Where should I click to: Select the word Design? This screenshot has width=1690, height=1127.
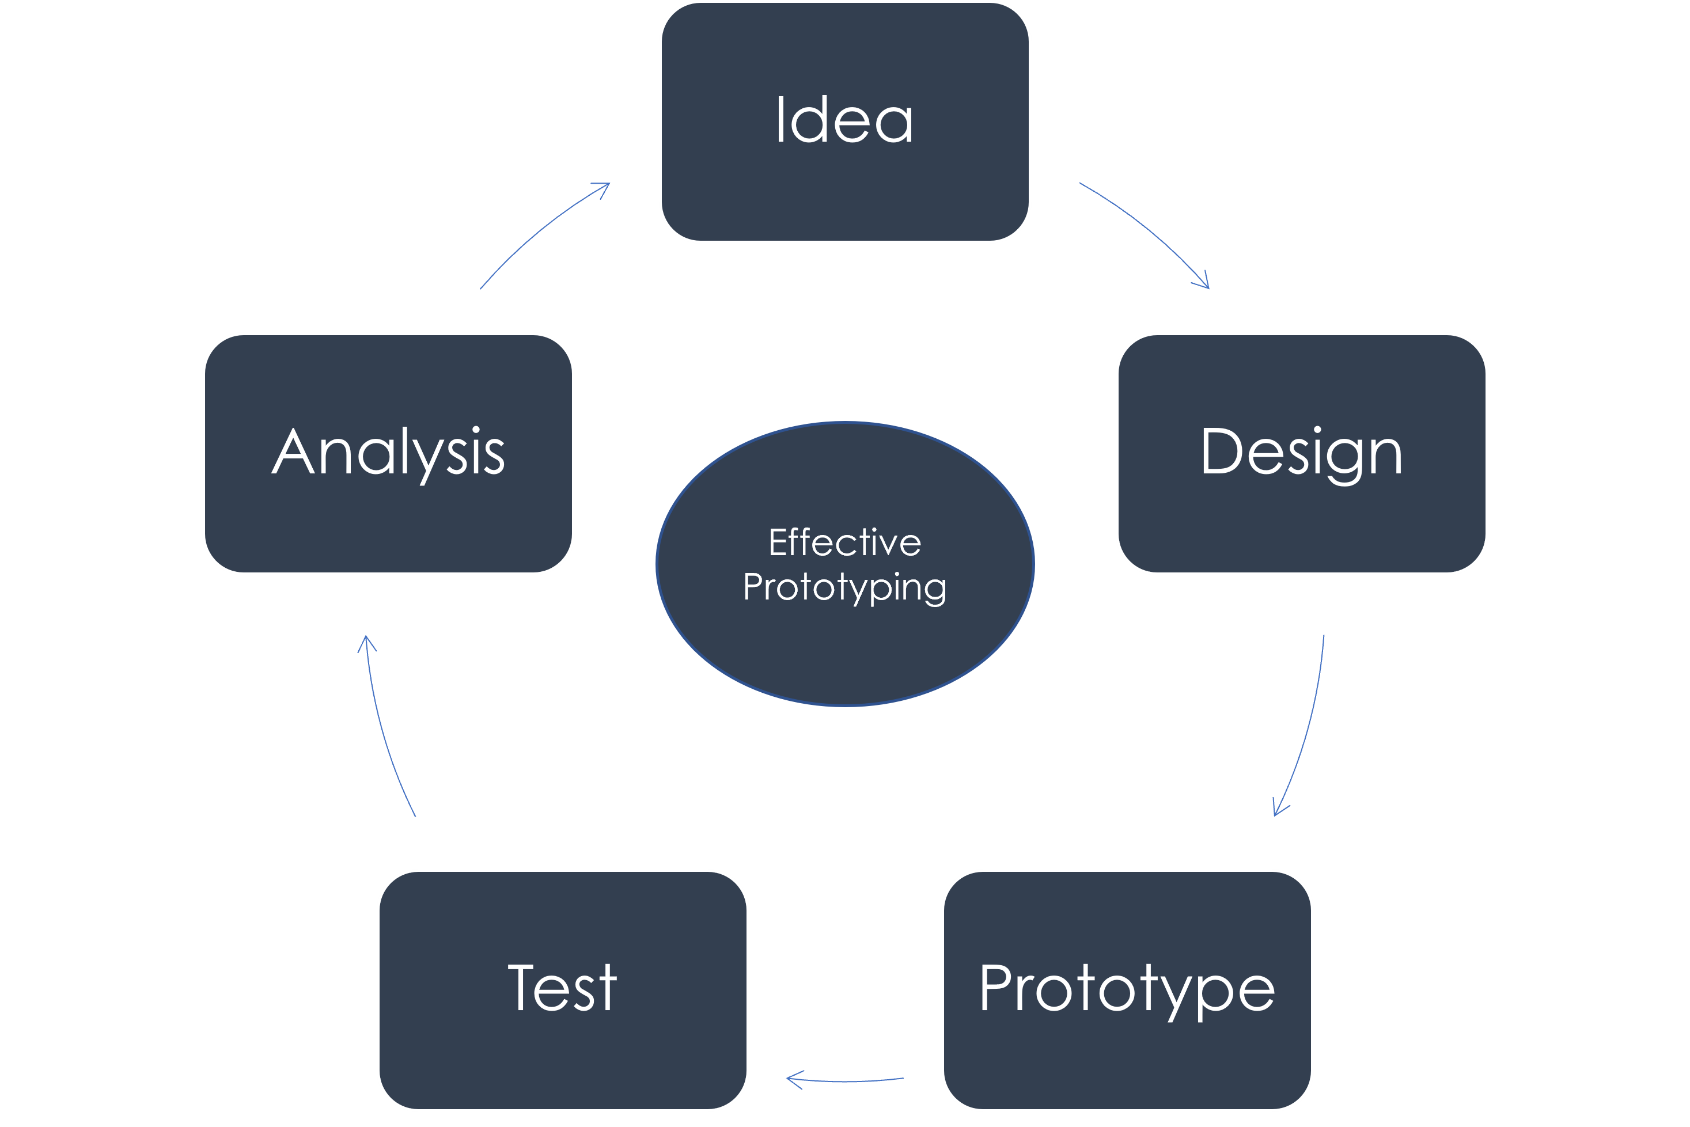point(1301,452)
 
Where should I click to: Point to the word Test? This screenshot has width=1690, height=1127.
point(562,988)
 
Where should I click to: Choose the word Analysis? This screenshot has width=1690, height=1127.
point(388,452)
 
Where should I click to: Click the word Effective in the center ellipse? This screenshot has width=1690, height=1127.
point(844,542)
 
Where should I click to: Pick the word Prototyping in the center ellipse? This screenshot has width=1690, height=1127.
point(844,587)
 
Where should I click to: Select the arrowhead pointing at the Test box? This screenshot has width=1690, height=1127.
point(794,1079)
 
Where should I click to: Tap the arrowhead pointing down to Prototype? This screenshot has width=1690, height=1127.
point(1278,809)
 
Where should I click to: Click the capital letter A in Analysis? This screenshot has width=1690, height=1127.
point(293,452)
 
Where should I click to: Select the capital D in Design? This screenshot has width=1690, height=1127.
point(1222,451)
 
